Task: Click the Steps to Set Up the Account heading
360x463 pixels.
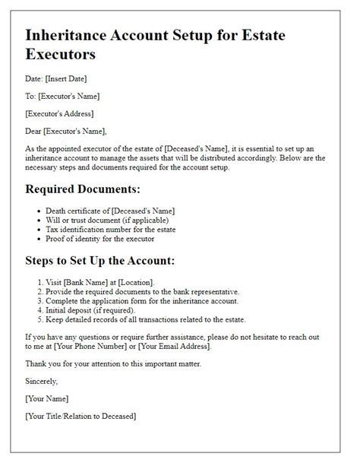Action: [100, 261]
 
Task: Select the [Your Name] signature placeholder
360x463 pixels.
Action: [47, 398]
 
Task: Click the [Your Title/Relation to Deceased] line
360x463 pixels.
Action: [81, 416]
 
